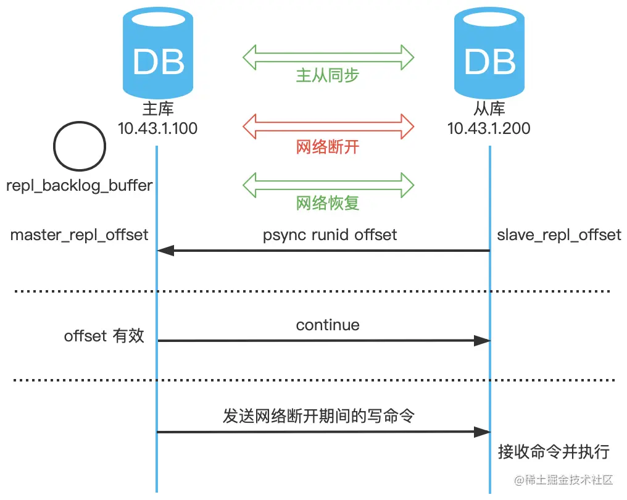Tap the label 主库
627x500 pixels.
pyautogui.click(x=157, y=109)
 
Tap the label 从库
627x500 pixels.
pyautogui.click(x=489, y=109)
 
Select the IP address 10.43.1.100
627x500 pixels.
pyautogui.click(x=157, y=128)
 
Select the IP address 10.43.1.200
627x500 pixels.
pyautogui.click(x=489, y=128)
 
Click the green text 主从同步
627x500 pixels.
pyautogui.click(x=328, y=75)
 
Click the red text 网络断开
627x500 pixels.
pyautogui.click(x=328, y=147)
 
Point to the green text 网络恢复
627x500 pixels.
pyautogui.click(x=328, y=203)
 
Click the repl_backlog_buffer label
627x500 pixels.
pyautogui.click(x=79, y=185)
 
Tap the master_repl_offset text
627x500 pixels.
pyautogui.click(x=79, y=235)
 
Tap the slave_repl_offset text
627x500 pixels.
pyautogui.click(x=559, y=235)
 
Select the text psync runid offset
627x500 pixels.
pyautogui.click(x=330, y=235)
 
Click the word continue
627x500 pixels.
pyautogui.click(x=328, y=325)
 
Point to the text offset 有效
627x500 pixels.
pyautogui.click(x=104, y=336)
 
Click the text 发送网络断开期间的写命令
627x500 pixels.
pyautogui.click(x=318, y=415)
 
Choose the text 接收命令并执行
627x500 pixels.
pyautogui.click(x=554, y=452)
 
